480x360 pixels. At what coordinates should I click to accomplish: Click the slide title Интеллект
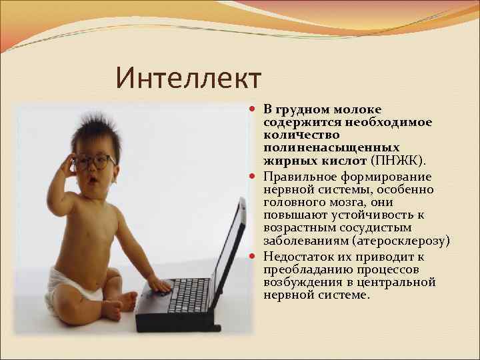[x=188, y=78]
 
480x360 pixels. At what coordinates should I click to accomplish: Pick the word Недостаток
[x=299, y=257]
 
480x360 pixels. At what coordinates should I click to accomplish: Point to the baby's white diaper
[x=75, y=285]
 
